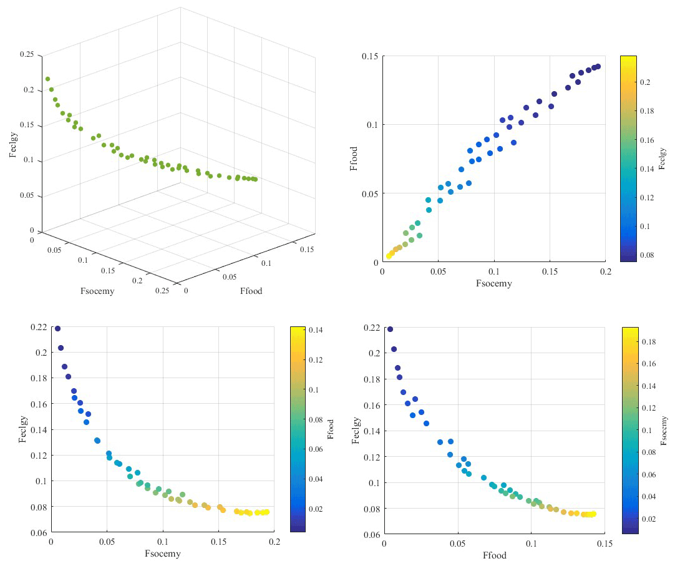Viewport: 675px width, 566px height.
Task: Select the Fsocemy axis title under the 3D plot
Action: click(x=97, y=291)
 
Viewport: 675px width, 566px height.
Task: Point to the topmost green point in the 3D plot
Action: click(x=47, y=79)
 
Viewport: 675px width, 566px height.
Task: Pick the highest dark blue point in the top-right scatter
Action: click(x=598, y=66)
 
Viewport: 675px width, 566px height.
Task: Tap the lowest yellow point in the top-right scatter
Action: click(x=389, y=256)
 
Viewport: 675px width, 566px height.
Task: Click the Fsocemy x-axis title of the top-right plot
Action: click(x=494, y=283)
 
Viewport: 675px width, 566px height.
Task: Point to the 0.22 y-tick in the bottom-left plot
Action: click(x=38, y=327)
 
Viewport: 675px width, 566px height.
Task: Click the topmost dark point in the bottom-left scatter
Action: click(x=57, y=328)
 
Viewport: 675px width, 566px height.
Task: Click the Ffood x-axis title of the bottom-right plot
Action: click(x=495, y=555)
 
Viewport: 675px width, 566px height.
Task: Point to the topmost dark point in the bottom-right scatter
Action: click(x=391, y=329)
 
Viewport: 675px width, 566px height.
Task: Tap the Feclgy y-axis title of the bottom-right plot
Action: click(x=356, y=431)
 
